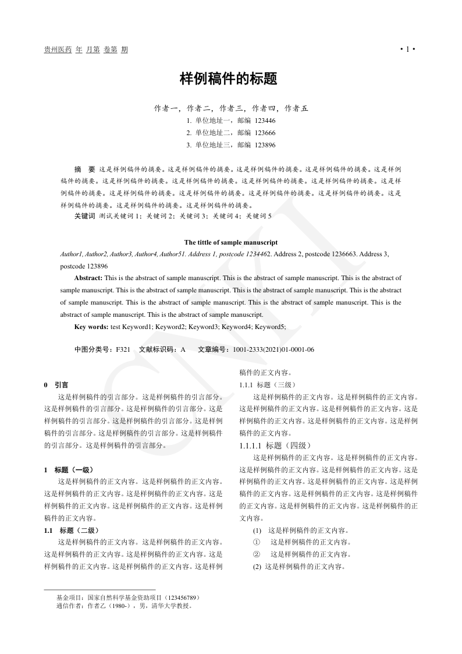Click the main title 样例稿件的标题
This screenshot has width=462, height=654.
pos(231,79)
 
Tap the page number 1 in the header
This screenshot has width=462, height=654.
pos(408,50)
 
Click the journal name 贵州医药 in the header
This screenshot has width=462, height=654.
pos(58,50)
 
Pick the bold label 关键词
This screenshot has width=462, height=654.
pos(84,216)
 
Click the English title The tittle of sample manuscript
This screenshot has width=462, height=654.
pos(231,242)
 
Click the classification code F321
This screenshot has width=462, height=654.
pos(123,349)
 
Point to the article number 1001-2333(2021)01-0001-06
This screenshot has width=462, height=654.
pos(273,349)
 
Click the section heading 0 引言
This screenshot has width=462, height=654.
pos(56,385)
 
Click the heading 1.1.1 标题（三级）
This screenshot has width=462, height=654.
pos(268,385)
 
